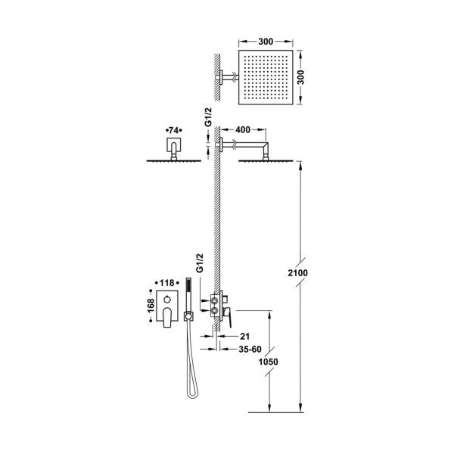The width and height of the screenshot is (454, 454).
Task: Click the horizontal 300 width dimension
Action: (x=266, y=42)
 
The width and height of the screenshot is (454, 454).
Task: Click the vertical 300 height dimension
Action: (x=301, y=77)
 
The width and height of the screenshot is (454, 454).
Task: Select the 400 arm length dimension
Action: (x=243, y=129)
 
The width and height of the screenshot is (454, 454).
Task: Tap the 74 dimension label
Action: (x=173, y=131)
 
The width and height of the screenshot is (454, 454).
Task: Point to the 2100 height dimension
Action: (x=297, y=272)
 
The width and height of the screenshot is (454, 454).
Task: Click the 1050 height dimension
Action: (x=268, y=362)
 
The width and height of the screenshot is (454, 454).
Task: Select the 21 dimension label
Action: (x=244, y=336)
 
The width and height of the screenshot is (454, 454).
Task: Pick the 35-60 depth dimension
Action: (x=250, y=349)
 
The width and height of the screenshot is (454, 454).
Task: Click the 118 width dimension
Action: (x=166, y=282)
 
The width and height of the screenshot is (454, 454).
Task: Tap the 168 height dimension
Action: (x=151, y=306)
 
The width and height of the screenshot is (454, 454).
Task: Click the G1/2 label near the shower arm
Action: (x=208, y=117)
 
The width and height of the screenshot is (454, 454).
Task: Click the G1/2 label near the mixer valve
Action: (x=200, y=263)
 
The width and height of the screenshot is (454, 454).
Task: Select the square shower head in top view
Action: (x=266, y=77)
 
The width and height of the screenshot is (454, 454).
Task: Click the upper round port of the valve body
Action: (x=215, y=300)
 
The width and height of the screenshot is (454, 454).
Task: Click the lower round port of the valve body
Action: (x=215, y=311)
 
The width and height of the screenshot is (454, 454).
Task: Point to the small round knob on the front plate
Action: (x=166, y=300)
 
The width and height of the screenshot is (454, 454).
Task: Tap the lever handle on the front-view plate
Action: (x=167, y=317)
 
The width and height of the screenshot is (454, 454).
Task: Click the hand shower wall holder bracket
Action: (x=188, y=316)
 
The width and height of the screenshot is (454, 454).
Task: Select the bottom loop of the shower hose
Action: (x=192, y=393)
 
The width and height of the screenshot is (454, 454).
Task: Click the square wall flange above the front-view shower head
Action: (x=174, y=145)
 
